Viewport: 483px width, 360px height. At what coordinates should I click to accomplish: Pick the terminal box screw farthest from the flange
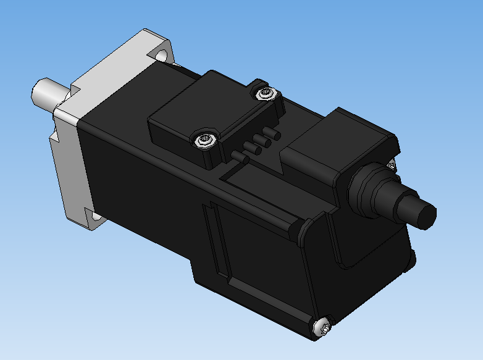[266, 94]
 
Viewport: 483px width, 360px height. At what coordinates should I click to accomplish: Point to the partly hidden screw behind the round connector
[391, 164]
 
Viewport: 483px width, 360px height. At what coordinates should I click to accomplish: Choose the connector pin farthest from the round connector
[241, 158]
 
